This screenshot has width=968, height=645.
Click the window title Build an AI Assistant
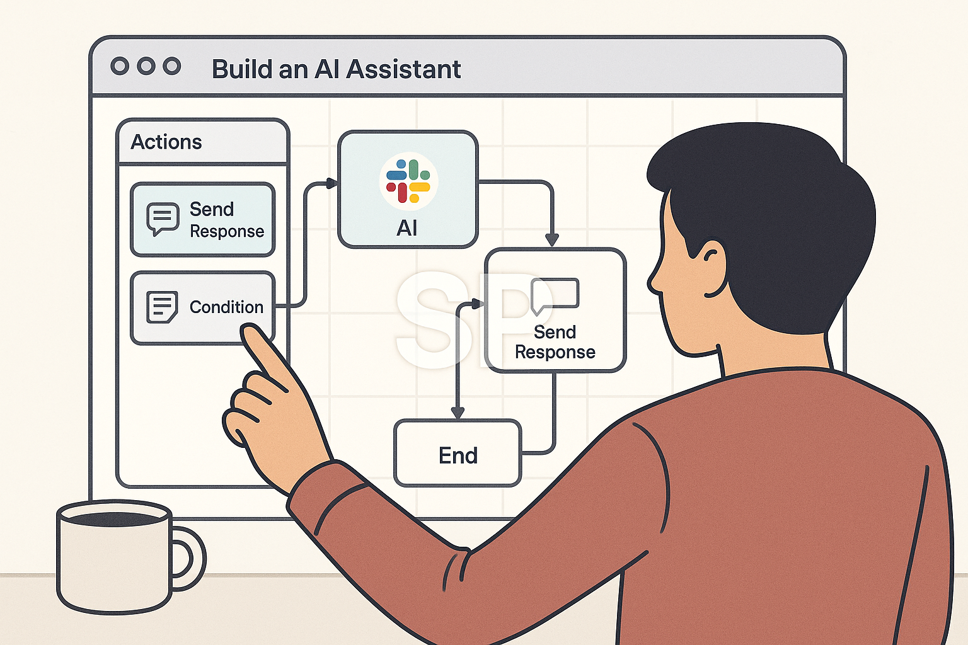coord(336,69)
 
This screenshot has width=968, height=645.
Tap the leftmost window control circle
coord(120,66)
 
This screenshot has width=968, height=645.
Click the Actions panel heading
coord(166,142)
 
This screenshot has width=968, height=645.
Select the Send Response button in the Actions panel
coord(202,220)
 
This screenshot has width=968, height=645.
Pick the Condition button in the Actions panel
coord(202,307)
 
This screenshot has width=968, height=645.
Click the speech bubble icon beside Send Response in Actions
coord(163,219)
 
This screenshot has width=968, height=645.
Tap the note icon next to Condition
coord(162,307)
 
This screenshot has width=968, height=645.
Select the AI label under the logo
coord(407,228)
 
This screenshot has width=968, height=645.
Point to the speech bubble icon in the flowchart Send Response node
coord(555,295)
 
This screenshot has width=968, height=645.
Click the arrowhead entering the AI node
coord(331,183)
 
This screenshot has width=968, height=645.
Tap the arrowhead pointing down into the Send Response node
coord(552,240)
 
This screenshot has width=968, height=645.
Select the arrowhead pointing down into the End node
coord(458,413)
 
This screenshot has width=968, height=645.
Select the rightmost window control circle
coord(172,66)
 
